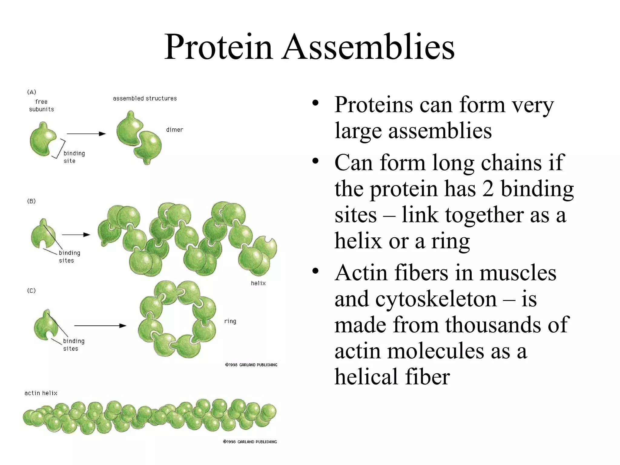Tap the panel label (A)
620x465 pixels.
[31, 92]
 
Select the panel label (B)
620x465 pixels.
[31, 201]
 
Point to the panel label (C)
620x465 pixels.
[31, 291]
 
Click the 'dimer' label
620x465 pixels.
[175, 130]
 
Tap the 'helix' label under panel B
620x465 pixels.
[258, 283]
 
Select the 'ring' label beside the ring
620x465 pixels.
[230, 321]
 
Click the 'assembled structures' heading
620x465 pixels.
[145, 98]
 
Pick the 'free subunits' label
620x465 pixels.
[41, 105]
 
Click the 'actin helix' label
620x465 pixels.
[41, 393]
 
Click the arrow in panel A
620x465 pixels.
[86, 134]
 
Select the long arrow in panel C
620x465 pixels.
[100, 326]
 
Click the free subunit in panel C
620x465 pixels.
[45, 325]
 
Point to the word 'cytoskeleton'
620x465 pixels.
[436, 299]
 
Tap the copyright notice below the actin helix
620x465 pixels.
[250, 442]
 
